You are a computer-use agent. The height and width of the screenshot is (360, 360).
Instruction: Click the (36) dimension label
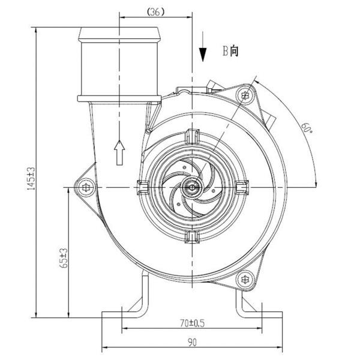pos(156,12)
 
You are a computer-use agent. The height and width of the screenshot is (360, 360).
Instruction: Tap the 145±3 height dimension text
pos(31,179)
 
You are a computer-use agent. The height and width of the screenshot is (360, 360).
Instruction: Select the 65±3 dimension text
pos(64,258)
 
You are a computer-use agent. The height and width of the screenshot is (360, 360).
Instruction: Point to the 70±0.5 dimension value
pos(192,323)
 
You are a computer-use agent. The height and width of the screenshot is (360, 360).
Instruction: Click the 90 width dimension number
pos(192,343)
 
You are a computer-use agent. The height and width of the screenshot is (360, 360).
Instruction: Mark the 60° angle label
pos(307,128)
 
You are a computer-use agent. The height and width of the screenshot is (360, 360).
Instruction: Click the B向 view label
pos(230,51)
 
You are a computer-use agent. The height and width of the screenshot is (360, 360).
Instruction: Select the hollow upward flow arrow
pos(119,152)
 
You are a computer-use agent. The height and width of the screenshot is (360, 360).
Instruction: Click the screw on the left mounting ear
pos(86,188)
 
